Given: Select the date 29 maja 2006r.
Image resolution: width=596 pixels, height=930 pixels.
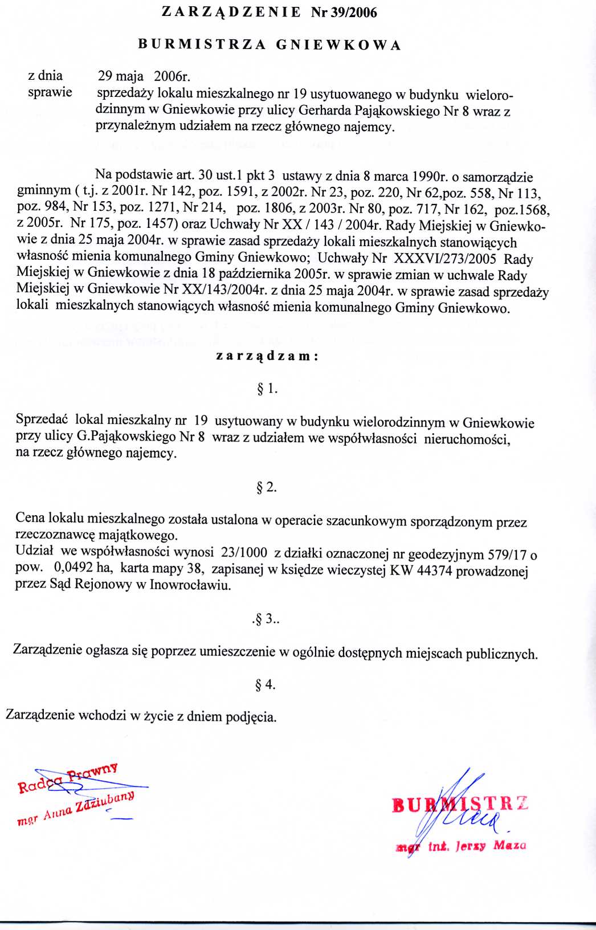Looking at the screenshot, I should click(144, 76).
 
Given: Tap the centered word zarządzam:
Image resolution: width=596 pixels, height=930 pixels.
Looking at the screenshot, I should click(267, 356).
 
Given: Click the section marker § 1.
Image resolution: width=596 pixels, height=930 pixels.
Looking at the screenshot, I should click(267, 389).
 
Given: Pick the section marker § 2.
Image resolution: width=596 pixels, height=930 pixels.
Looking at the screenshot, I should click(267, 487).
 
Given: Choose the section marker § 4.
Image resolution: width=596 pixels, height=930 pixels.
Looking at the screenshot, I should click(266, 684).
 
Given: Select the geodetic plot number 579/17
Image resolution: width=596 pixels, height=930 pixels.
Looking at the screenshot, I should click(507, 554).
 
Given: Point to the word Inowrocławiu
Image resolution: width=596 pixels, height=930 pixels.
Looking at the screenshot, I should click(190, 585).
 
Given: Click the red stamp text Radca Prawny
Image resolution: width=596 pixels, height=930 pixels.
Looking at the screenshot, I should click(68, 779).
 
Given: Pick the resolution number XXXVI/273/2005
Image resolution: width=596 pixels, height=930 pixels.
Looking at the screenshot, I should click(445, 259).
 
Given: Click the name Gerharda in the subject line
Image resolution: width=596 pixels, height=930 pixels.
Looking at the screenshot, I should click(325, 111).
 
